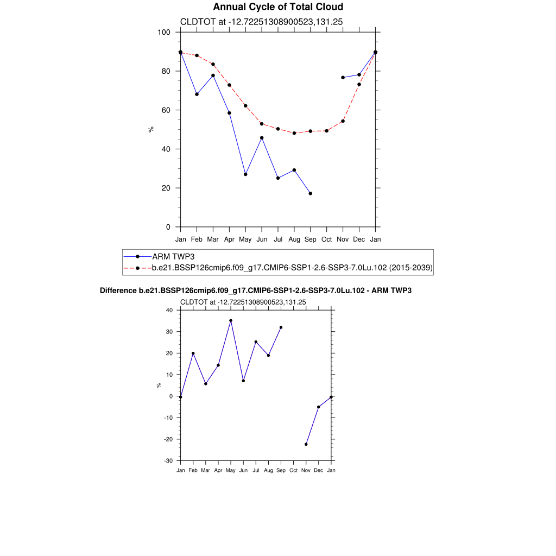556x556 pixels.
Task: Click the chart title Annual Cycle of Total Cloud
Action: coord(278,7)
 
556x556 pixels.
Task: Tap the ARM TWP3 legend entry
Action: coord(173,256)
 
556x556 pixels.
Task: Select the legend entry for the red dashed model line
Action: coord(292,268)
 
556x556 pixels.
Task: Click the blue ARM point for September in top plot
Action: coord(310,193)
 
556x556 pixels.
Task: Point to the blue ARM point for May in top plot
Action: coord(245,174)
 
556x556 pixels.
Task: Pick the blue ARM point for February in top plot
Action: coord(197,94)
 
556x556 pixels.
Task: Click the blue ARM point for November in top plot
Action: coord(343,78)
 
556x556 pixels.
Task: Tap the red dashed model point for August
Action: coord(294,133)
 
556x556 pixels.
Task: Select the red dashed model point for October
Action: coord(326,131)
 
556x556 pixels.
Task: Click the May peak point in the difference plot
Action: coord(231,320)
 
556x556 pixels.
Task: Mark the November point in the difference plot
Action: coord(306,444)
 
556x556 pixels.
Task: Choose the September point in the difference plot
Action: coord(281,327)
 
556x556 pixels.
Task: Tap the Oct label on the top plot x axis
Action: coord(326,239)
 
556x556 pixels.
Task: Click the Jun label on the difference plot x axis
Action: coord(243,470)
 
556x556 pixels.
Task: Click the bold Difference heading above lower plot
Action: coord(256,291)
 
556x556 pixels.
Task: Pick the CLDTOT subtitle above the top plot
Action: coord(261,21)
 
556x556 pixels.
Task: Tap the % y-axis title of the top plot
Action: coord(151,129)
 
